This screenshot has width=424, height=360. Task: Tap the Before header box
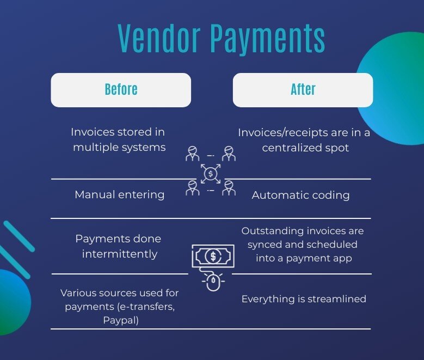[x=121, y=90]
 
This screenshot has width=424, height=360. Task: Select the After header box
[x=303, y=90]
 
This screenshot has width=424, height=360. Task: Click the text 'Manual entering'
[x=119, y=194]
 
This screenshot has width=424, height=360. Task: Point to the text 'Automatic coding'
[x=300, y=195]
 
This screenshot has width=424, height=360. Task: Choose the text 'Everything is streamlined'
[x=304, y=298]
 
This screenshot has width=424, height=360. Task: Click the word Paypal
[x=121, y=320]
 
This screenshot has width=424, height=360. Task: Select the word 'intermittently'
[x=119, y=254]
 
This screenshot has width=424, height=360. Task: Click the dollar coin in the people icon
[x=210, y=174]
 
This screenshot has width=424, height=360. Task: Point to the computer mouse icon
[x=212, y=282]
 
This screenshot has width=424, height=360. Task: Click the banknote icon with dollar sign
[x=213, y=255]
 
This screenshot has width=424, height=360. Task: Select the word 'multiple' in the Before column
[x=96, y=148]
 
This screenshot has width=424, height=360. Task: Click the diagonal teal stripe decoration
[x=17, y=237]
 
